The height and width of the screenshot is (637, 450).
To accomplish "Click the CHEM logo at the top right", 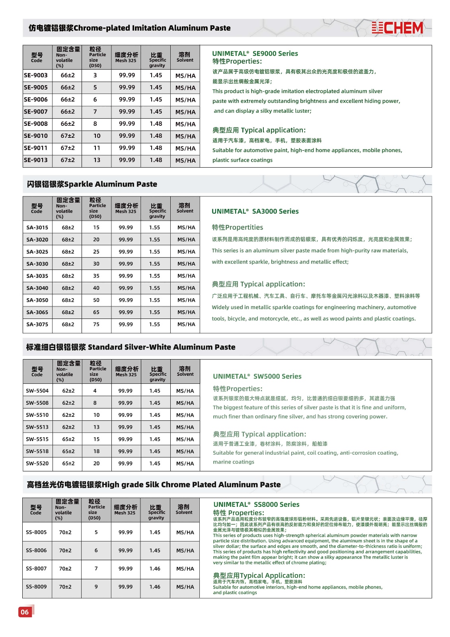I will click(x=397, y=28).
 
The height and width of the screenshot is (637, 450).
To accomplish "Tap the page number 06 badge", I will click(x=25, y=612).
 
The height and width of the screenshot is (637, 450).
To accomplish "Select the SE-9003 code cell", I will click(x=36, y=75).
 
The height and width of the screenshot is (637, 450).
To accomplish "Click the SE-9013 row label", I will click(x=36, y=160).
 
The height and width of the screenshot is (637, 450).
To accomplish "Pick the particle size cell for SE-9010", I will click(x=97, y=136).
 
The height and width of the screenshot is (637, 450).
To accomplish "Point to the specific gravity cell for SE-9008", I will click(x=156, y=124).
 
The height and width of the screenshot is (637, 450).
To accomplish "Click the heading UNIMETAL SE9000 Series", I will click(x=255, y=53).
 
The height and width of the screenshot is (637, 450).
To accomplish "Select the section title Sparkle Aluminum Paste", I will click(x=92, y=184).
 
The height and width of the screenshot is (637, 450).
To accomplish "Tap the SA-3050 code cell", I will click(x=37, y=300).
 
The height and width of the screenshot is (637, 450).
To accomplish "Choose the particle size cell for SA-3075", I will click(x=96, y=324).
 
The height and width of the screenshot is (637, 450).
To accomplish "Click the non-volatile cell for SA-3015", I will click(x=68, y=228).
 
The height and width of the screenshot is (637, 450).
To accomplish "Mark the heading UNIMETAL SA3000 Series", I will click(x=255, y=211).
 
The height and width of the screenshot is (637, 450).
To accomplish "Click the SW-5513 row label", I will click(x=37, y=427).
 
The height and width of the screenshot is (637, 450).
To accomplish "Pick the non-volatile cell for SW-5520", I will click(x=68, y=463).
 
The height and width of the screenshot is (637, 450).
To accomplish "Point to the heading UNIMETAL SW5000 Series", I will click(x=257, y=376).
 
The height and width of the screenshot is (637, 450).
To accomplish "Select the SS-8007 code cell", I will click(x=36, y=569).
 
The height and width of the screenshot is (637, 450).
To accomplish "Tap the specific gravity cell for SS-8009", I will click(x=155, y=587).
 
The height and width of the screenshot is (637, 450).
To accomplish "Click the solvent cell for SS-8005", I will click(x=185, y=532).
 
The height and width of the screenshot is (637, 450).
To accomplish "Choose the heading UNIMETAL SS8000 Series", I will click(x=256, y=504).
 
